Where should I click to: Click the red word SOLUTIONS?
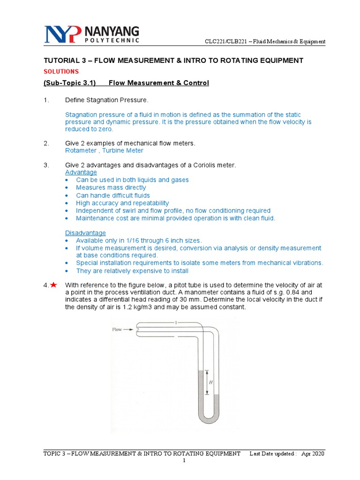point(61,72)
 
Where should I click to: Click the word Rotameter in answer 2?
point(79,150)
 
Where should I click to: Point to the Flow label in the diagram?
point(117,330)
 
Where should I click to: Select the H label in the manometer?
point(210,382)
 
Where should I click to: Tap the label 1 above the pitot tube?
point(175,322)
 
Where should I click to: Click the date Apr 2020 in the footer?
point(313,454)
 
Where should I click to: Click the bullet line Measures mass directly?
point(111,187)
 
